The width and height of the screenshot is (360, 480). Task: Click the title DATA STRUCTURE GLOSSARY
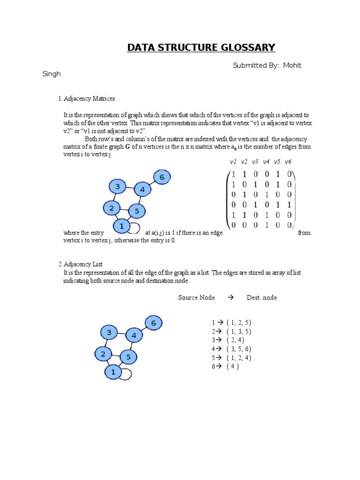(201, 47)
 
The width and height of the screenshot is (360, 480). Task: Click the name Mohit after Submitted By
(292, 65)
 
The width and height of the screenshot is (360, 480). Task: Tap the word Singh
(52, 74)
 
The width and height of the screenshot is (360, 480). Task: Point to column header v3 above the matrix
(255, 162)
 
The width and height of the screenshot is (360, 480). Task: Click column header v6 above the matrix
(288, 162)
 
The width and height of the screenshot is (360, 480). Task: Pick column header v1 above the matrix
(233, 162)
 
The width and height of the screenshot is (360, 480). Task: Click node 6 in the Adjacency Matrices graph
(162, 177)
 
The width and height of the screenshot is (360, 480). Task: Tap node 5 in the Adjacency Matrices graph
(137, 211)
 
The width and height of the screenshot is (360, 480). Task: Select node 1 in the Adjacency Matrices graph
(121, 226)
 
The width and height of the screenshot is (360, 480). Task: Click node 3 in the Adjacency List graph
(109, 332)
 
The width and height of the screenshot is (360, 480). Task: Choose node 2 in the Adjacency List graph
(103, 354)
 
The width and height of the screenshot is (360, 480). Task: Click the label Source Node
(196, 298)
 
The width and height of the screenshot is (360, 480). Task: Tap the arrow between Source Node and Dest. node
(230, 298)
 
